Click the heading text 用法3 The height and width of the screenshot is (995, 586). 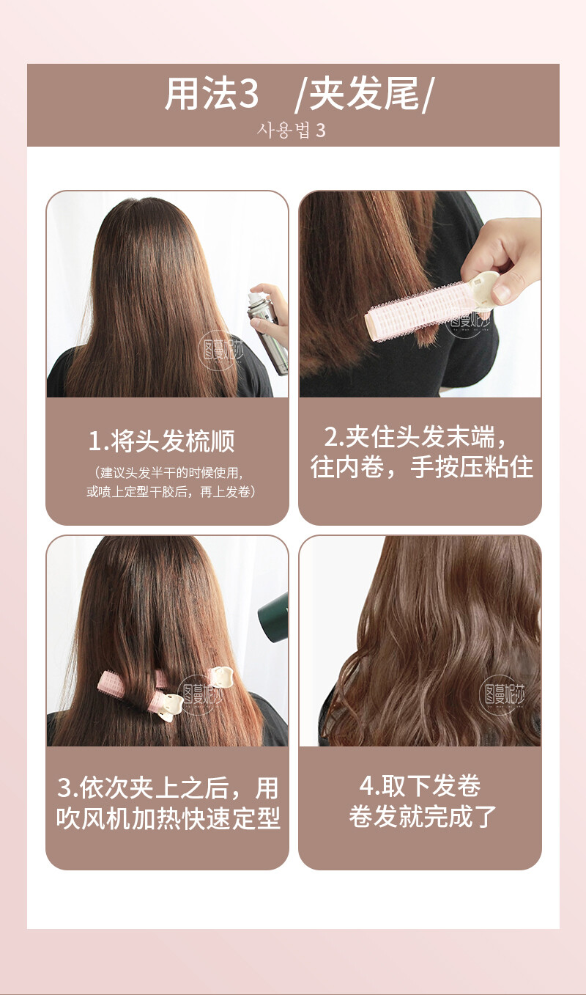[x=211, y=95]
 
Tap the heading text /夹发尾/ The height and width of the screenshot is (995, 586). [x=365, y=95]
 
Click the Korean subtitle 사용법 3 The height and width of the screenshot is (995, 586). [x=292, y=131]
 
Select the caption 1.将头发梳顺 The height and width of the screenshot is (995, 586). [x=162, y=442]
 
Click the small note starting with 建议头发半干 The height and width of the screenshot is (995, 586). [x=167, y=473]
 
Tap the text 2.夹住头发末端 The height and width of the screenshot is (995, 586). [x=415, y=438]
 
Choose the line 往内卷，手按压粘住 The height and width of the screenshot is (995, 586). [x=420, y=467]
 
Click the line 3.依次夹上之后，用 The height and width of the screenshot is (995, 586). [x=168, y=788]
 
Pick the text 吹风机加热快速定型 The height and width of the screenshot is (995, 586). [x=168, y=818]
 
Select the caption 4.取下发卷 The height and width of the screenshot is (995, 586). [x=420, y=786]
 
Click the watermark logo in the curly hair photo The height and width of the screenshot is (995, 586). [x=502, y=694]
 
